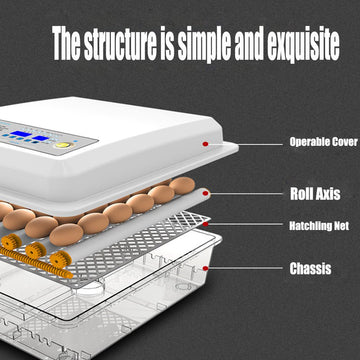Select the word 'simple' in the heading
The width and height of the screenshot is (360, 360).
[x=207, y=44]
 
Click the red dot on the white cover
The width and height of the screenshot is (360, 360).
[x=205, y=143]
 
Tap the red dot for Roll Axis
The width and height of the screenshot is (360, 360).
[x=205, y=194]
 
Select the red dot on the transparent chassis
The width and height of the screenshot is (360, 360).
[x=205, y=268]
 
